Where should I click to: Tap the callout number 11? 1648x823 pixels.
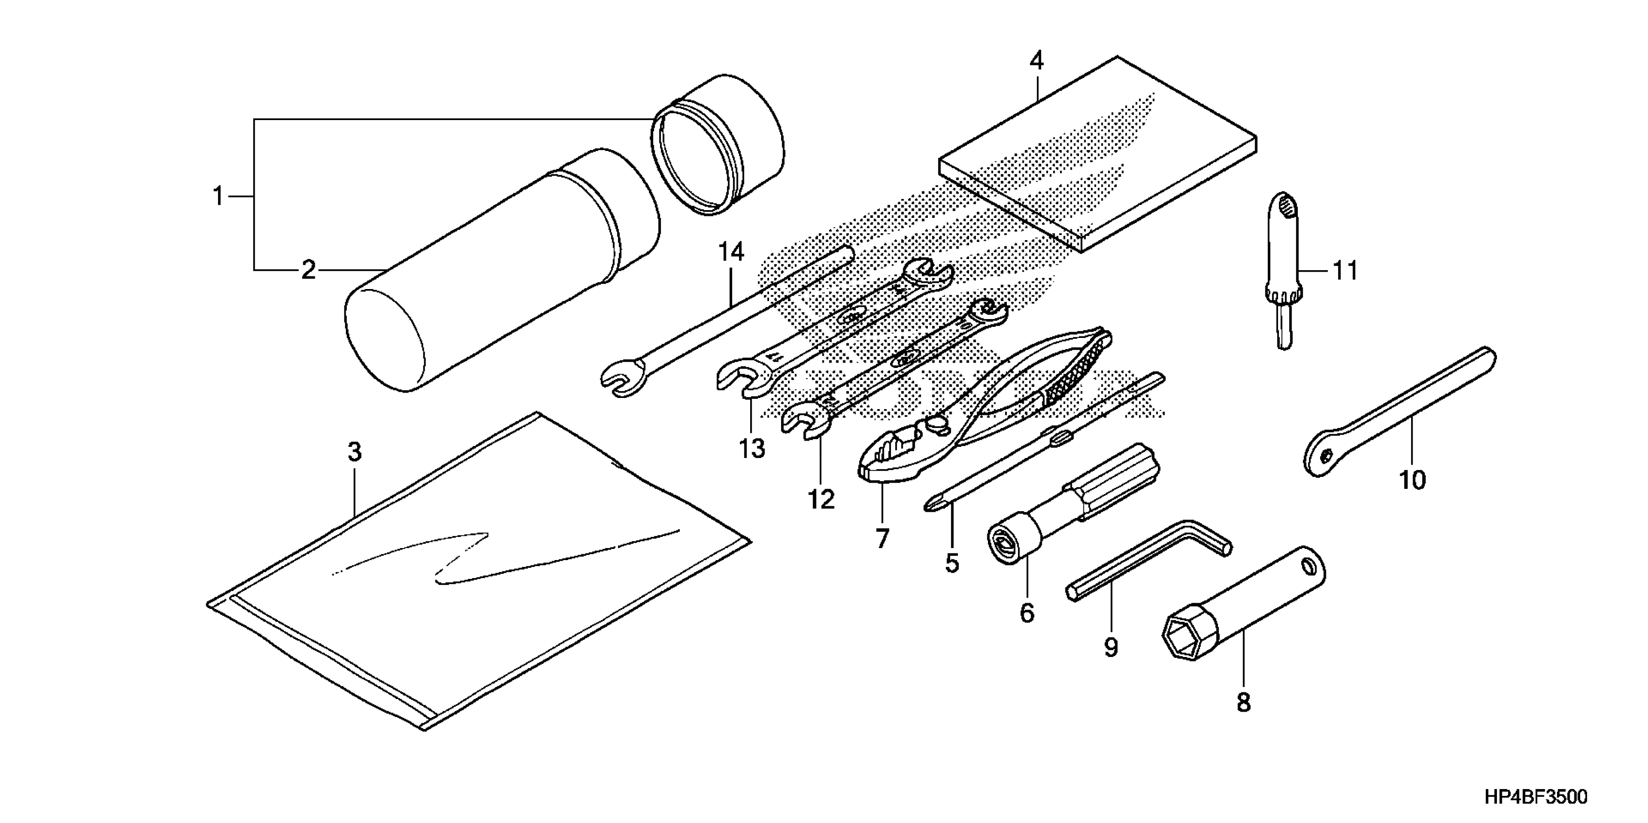tap(1345, 271)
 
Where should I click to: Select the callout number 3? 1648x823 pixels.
tap(354, 452)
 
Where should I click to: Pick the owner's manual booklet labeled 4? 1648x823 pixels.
tap(1097, 153)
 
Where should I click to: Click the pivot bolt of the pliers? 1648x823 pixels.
tap(935, 423)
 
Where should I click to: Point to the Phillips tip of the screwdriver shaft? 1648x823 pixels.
tap(932, 505)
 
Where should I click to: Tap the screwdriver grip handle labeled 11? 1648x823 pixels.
tap(1283, 256)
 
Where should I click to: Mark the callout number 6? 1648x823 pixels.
tap(1026, 612)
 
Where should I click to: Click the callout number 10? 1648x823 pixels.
tap(1413, 480)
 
